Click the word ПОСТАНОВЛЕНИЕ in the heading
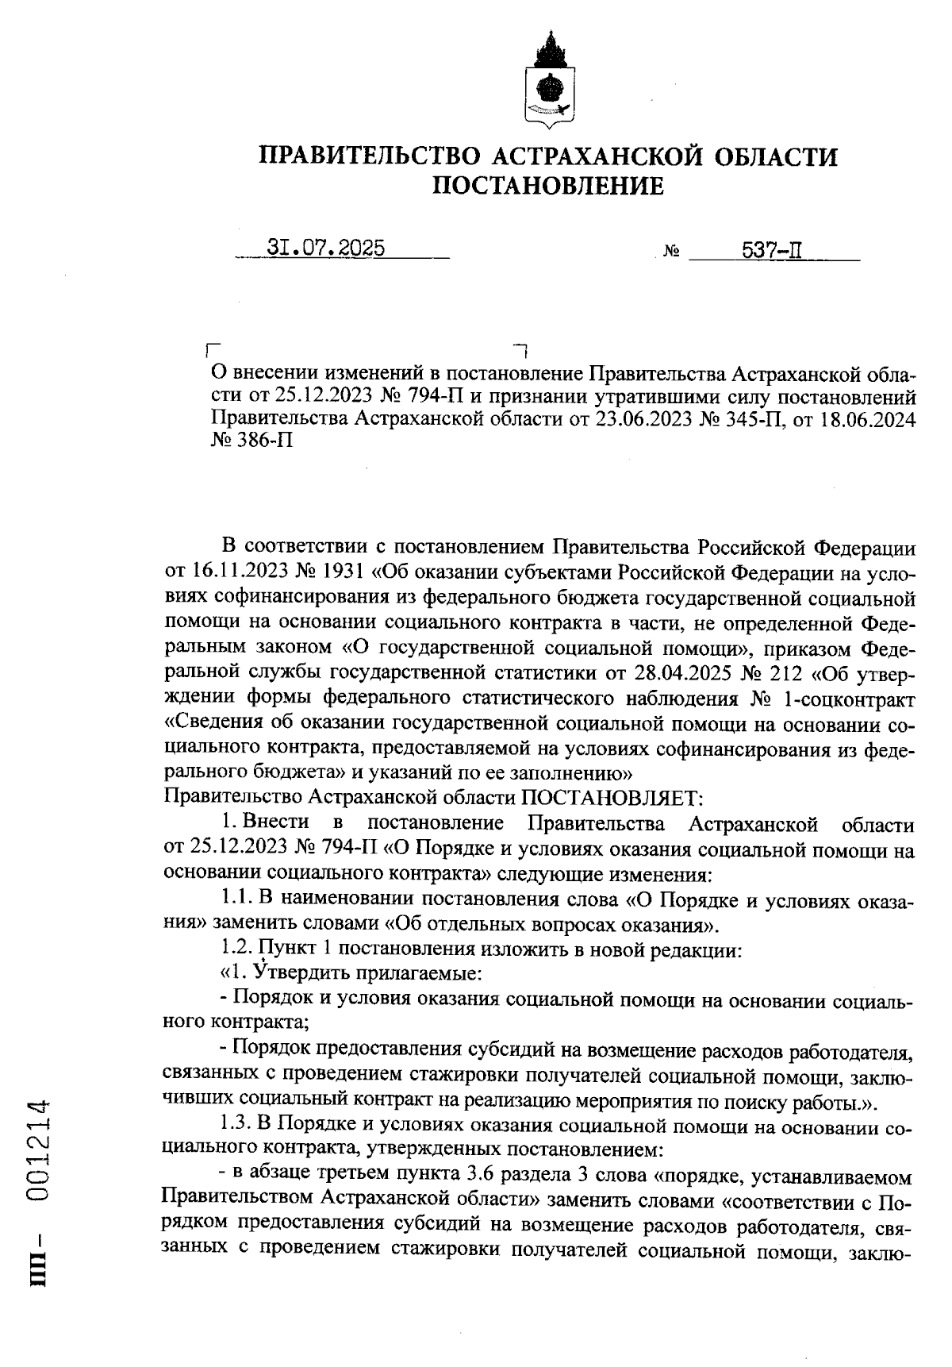548,186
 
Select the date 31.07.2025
325,248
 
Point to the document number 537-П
771,251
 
